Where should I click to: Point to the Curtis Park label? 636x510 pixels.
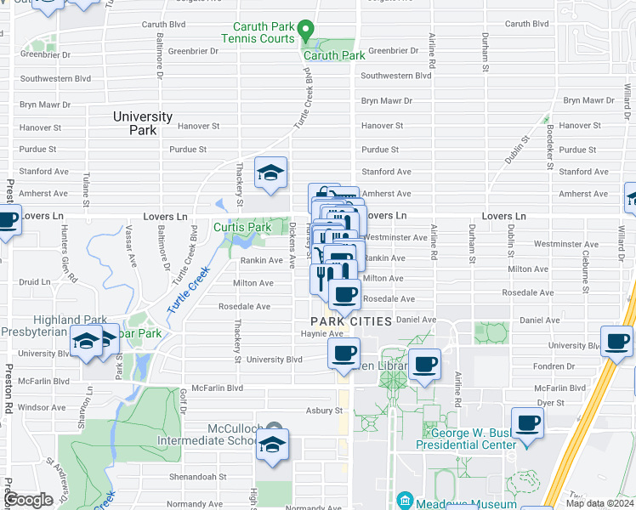point(242,227)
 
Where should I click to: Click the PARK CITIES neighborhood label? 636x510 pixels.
point(350,321)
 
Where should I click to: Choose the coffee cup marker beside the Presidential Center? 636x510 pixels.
point(527,424)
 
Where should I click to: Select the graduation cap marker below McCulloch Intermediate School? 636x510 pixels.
point(272,446)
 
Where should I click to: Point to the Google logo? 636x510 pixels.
point(27,500)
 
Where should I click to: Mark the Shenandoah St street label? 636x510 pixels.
point(197,477)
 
